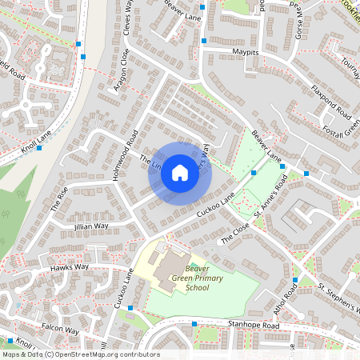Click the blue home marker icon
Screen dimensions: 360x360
(x=180, y=173)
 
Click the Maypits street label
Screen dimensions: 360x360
(x=246, y=51)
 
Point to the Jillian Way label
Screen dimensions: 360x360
(x=90, y=226)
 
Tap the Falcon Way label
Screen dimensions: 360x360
(x=61, y=330)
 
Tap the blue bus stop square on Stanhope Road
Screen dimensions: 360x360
(x=194, y=324)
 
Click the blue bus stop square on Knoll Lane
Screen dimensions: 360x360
(x=38, y=148)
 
